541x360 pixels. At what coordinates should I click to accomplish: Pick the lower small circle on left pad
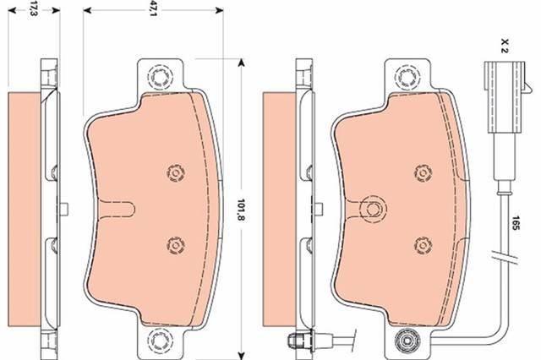[x=175, y=244]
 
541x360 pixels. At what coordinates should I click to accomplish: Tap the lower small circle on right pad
[x=420, y=244]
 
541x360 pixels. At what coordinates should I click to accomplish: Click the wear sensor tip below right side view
[x=297, y=341]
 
